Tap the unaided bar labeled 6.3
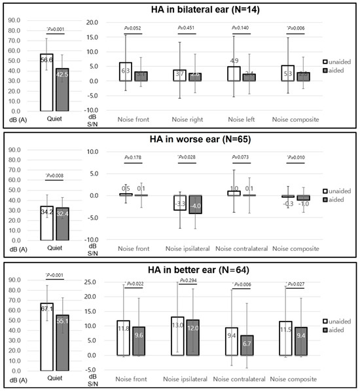(x=126, y=71)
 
